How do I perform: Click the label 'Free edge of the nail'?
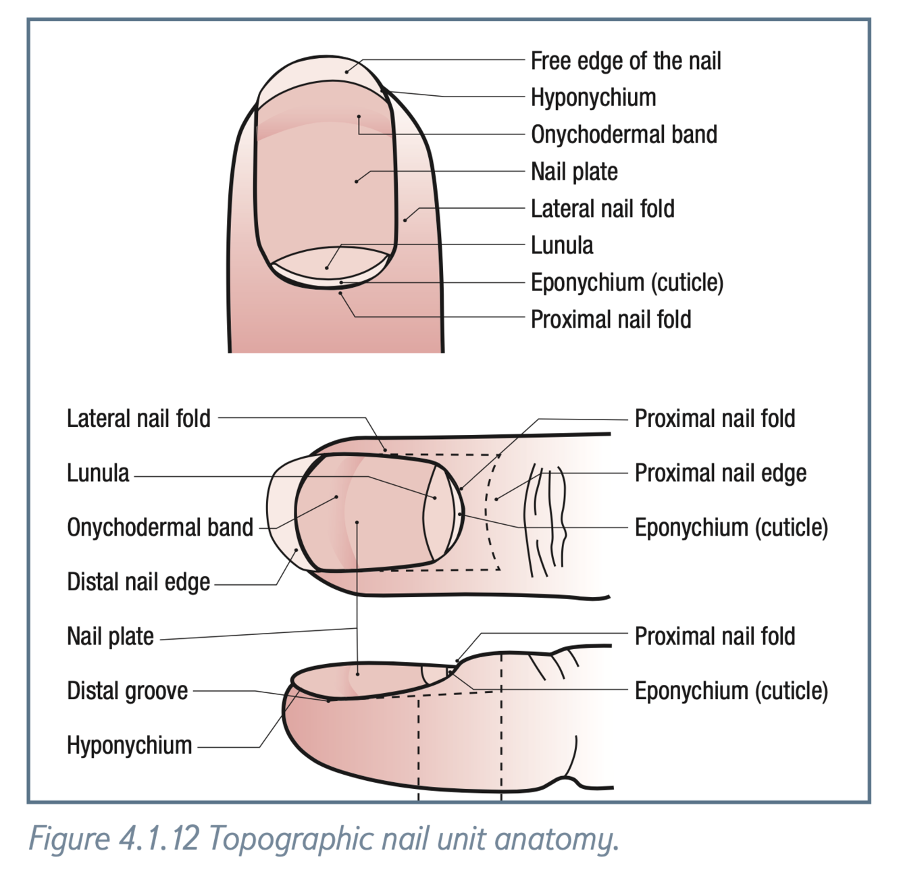coord(625,61)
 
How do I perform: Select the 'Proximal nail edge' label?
coord(720,473)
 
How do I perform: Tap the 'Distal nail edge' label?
coord(138,582)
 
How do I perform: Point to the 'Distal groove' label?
coord(128,690)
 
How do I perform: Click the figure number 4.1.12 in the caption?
coord(159,839)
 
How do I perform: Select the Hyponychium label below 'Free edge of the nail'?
coord(593,97)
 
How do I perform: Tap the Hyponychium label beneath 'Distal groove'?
coord(129,745)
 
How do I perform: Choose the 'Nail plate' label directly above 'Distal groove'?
coord(110,636)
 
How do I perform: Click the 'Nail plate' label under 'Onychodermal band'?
coord(574,172)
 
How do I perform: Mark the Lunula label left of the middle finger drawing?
coord(98,473)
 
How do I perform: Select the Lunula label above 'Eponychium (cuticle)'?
coord(562,245)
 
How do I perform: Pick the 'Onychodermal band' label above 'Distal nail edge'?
coord(160,528)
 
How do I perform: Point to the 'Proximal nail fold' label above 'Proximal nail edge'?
coord(715,419)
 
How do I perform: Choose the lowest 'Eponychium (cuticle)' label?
coord(731,690)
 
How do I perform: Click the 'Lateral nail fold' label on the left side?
coord(138,419)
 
